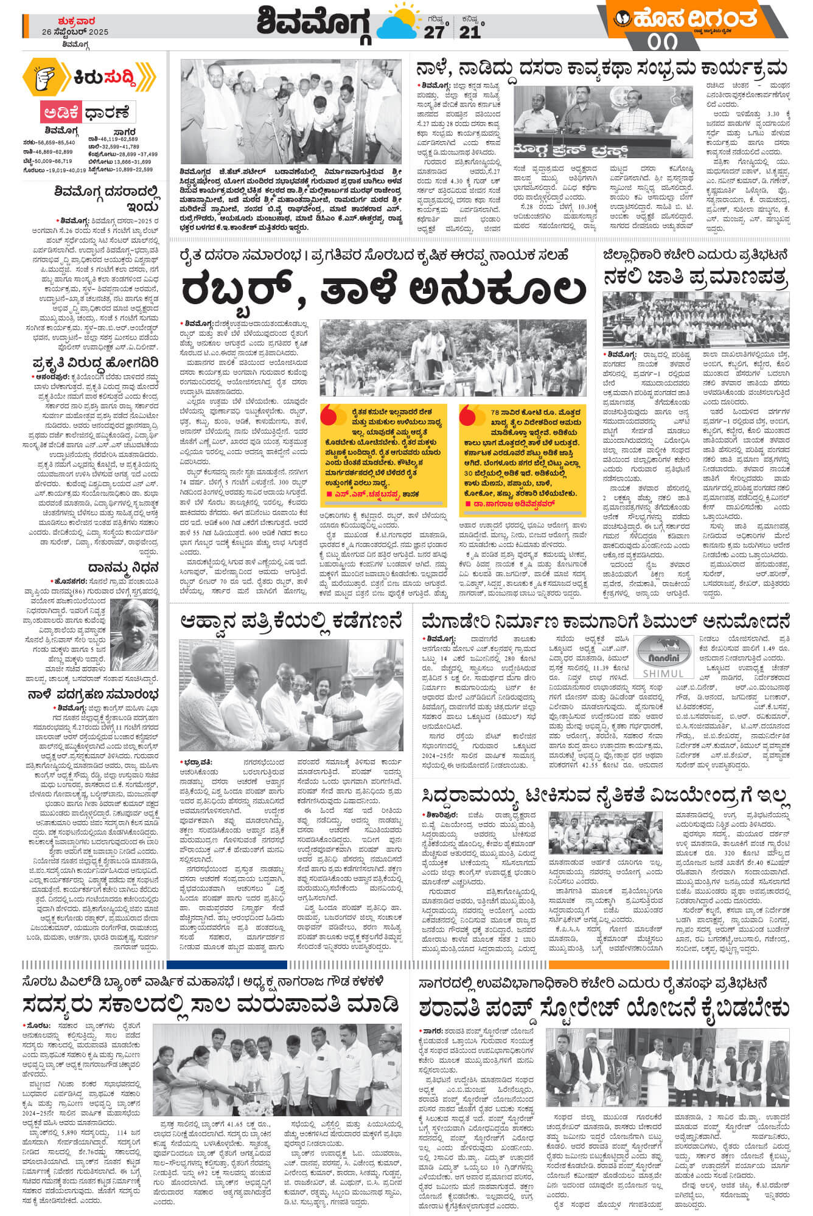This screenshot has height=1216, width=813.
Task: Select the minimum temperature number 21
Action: click(x=470, y=32)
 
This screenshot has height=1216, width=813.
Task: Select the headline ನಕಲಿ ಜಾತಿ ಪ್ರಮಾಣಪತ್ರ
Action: click(x=695, y=277)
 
